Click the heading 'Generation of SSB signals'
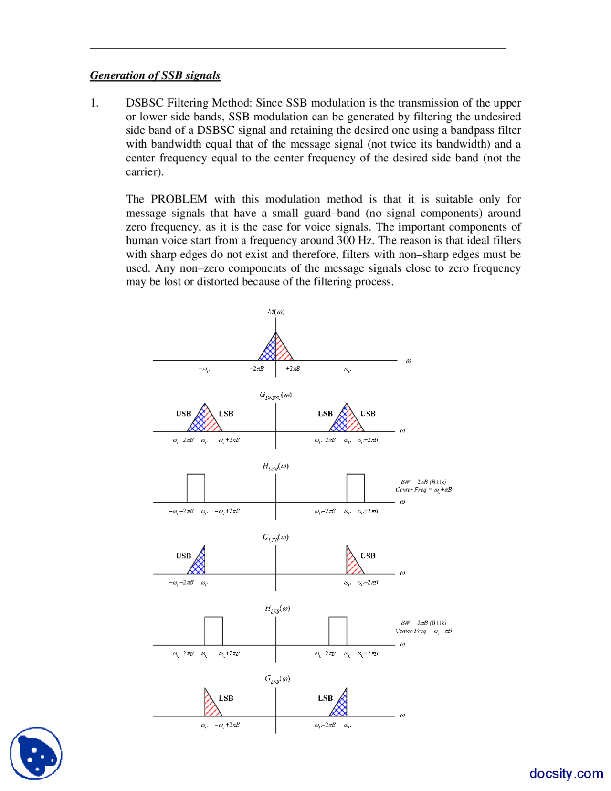click(x=155, y=75)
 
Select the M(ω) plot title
click(x=276, y=312)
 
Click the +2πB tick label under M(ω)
click(x=293, y=369)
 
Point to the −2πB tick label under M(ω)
click(x=257, y=369)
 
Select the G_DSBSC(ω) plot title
click(x=275, y=395)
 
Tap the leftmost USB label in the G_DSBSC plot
click(x=183, y=414)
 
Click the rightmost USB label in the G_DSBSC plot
click(x=368, y=414)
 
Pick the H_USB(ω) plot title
click(x=275, y=466)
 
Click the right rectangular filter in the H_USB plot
click(x=356, y=488)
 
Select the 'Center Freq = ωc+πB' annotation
click(x=423, y=490)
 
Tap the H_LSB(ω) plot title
click(x=277, y=609)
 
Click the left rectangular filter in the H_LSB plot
click(x=213, y=631)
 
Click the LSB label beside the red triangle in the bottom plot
click(x=226, y=698)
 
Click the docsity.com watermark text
click(x=566, y=773)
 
